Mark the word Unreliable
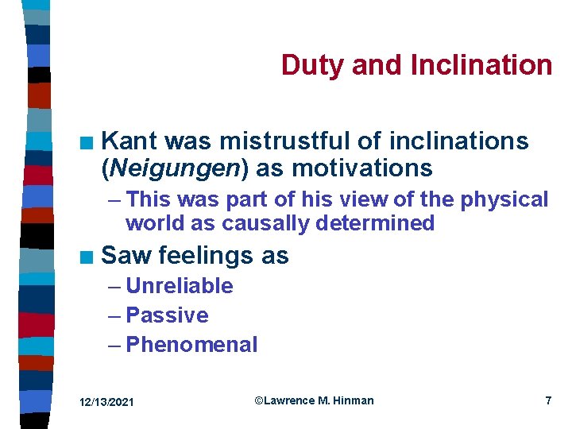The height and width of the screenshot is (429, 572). tap(180, 286)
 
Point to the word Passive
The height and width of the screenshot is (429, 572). tap(167, 315)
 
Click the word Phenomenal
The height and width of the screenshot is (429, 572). tap(191, 345)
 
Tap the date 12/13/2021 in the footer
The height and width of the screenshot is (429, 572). tap(107, 403)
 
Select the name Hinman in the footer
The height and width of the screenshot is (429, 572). tap(353, 401)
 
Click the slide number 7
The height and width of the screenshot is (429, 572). tap(547, 401)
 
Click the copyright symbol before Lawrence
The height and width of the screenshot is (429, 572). tap(259, 401)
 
